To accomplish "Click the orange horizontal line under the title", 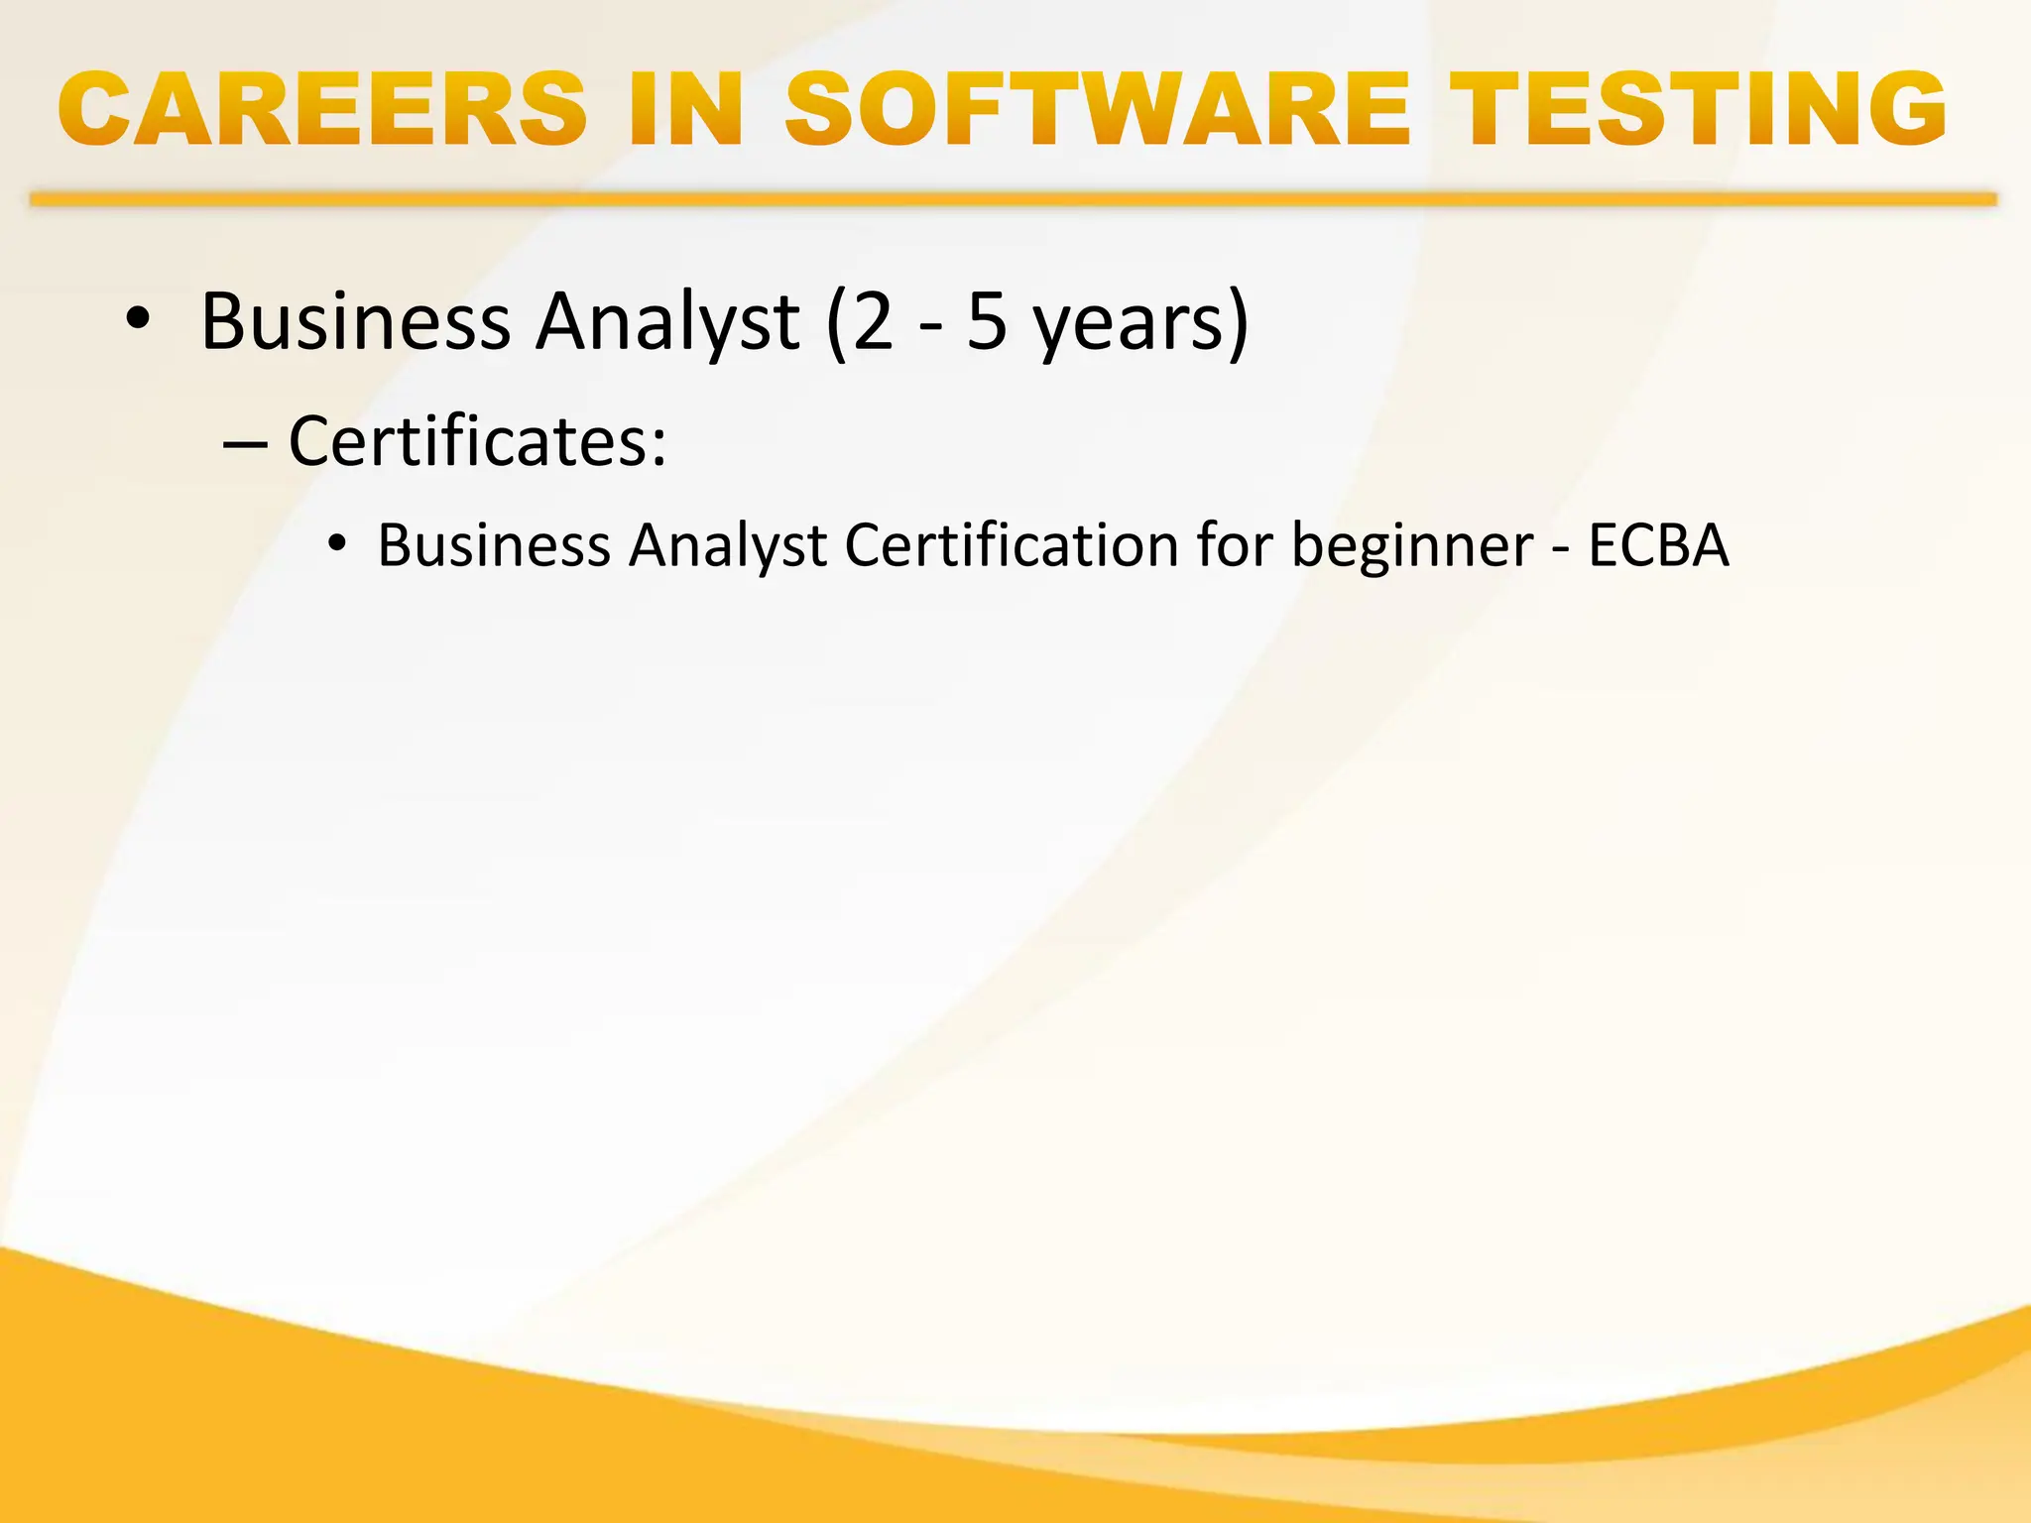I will (1012, 199).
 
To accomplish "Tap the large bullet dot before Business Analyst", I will (138, 319).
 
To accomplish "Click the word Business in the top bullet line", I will (355, 321).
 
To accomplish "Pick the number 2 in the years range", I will (873, 321).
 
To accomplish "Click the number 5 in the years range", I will (987, 321).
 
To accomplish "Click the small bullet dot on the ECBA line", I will (339, 543).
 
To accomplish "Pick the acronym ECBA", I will (1658, 545).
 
